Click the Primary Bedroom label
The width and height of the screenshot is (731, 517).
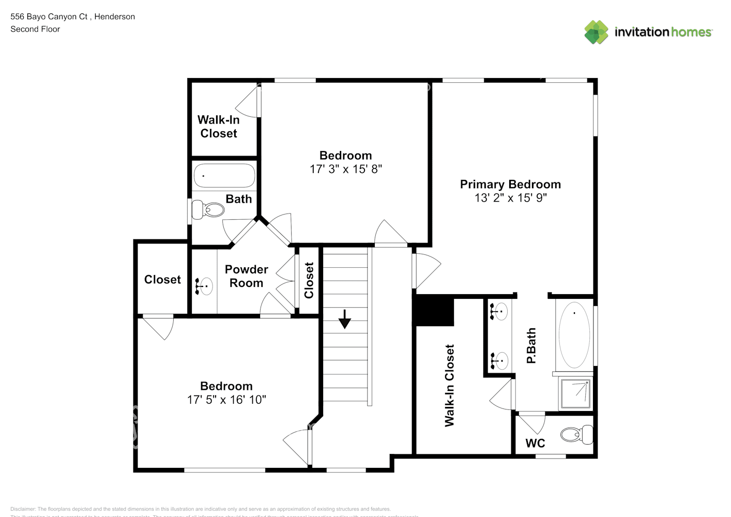coord(510,185)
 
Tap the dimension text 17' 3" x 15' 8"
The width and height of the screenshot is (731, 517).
coord(345,169)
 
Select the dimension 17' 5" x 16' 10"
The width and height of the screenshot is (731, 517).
coord(226,400)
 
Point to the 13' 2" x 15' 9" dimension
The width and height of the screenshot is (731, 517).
coord(510,198)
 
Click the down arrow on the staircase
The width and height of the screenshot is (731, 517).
coord(344,320)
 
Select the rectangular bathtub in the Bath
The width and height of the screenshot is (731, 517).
coord(224,176)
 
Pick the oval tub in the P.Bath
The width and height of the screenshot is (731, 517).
coord(574,335)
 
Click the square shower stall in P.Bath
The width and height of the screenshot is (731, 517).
coord(575,393)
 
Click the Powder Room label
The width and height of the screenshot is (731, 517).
coord(247,276)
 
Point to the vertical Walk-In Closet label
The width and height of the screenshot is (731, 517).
coord(449,385)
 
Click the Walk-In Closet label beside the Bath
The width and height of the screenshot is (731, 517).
coord(219,127)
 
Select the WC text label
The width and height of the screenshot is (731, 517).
coord(535,443)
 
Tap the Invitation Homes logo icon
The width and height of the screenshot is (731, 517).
coord(596,32)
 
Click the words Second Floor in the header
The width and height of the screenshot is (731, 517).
coord(35,29)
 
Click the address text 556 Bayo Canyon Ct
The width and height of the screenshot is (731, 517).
coord(49,17)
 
